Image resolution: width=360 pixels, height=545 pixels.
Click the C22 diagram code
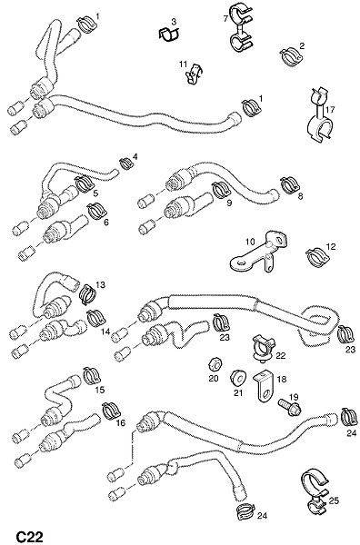coord(30,537)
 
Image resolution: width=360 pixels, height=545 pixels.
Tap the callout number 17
coord(330,110)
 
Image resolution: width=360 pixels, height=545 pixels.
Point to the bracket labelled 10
coord(258,252)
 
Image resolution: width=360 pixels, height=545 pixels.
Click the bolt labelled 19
coord(289,408)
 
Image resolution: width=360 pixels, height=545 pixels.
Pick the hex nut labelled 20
coord(215,364)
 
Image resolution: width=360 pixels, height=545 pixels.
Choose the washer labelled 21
coord(238,378)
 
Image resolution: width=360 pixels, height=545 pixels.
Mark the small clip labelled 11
coord(194,74)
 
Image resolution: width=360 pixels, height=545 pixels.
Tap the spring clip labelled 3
coord(169,34)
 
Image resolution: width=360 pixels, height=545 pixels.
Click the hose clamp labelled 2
coord(291,55)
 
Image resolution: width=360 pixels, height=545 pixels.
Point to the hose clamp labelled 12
coord(317,255)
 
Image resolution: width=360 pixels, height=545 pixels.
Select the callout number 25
coord(334,500)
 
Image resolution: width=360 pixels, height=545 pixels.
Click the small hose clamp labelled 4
coord(126,163)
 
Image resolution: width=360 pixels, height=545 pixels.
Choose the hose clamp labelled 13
coord(89,294)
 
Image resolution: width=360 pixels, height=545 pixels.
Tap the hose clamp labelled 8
coord(290,185)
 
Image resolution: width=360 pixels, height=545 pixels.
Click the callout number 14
coord(105,332)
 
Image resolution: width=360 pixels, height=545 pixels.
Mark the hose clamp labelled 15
coord(92,376)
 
